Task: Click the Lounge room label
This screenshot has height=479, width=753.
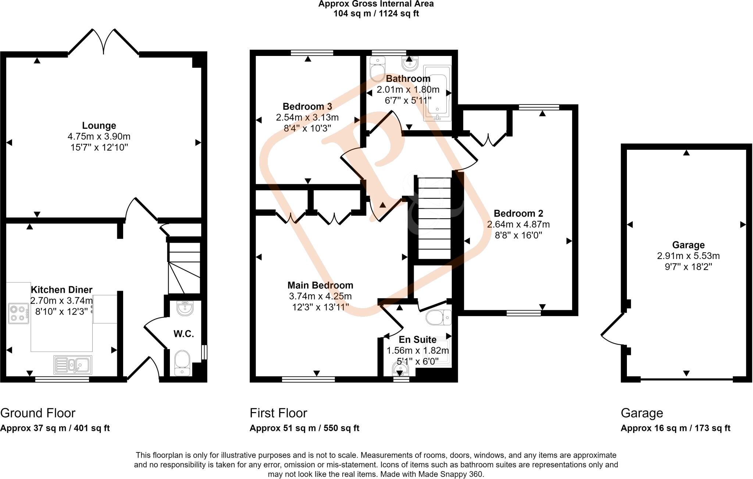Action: coord(99,126)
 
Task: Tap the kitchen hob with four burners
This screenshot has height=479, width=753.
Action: coord(19,313)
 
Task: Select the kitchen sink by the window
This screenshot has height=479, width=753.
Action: coord(73,365)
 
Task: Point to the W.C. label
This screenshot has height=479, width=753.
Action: coord(183,334)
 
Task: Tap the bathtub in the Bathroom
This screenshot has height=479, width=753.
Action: coord(438,94)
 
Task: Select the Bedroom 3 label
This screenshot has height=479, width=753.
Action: coord(307,107)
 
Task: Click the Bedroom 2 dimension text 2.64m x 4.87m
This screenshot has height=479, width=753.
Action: coord(518,224)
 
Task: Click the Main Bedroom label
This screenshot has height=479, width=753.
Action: coord(320,285)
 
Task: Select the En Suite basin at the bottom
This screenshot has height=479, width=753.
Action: coord(400,369)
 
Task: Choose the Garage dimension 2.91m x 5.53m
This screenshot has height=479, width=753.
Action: coord(688,256)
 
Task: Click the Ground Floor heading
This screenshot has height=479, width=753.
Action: coord(38,413)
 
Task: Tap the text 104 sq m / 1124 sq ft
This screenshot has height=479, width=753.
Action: coord(376,14)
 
